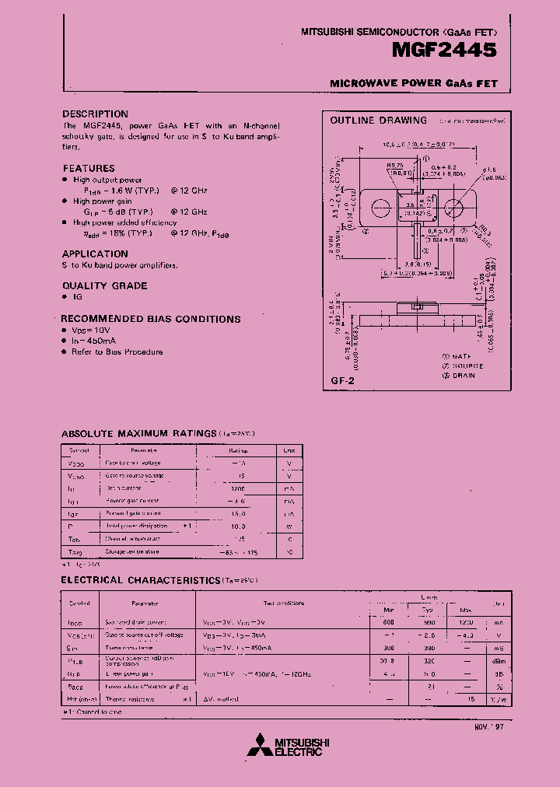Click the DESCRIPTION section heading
[95, 114]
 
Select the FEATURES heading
[88, 168]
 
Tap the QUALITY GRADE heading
[104, 285]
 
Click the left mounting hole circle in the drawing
[381, 208]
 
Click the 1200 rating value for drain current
[237, 488]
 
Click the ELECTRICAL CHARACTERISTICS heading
[140, 580]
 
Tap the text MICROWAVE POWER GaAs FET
[413, 83]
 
